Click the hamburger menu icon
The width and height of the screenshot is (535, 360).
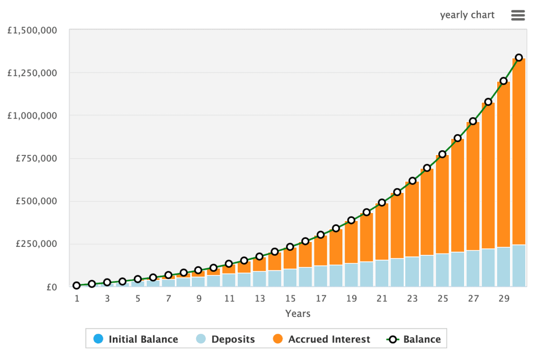point(518,15)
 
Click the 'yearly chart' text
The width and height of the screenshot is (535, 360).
point(467,15)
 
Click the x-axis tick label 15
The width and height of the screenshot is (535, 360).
point(290,298)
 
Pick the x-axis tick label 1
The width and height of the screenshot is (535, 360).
point(77,298)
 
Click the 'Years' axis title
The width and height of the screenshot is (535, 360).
point(298,314)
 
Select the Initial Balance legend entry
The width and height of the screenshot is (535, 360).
point(136,340)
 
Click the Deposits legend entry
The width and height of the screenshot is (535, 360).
point(226,340)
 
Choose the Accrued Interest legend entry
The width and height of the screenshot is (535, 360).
point(321,340)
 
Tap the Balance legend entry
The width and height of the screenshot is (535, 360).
point(414,340)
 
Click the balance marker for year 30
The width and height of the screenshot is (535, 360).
point(519,57)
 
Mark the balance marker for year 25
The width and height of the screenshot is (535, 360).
point(442,154)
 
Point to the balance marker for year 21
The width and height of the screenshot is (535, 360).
point(382,202)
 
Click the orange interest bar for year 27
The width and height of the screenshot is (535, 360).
point(473,187)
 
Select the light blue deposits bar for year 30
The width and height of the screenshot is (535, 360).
point(519,266)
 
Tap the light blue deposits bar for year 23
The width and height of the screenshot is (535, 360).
point(412,272)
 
